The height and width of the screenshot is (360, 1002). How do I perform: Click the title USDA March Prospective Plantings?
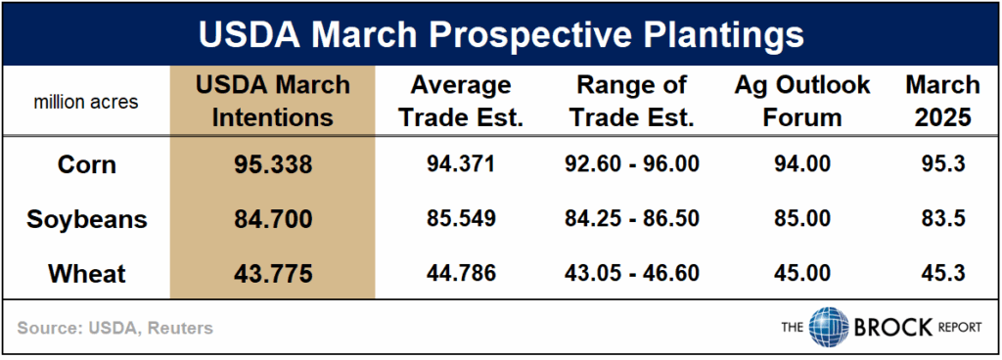pos(501,35)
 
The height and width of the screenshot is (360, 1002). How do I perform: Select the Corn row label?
pos(87,164)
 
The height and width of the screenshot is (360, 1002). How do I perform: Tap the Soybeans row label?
pos(87,219)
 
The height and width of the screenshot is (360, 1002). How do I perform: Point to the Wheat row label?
pos(87,274)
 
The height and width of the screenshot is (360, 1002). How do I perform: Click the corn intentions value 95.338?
pos(272,164)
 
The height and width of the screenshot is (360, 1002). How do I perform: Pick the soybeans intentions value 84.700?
pos(272,219)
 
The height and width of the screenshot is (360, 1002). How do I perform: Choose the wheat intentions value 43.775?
pos(272,274)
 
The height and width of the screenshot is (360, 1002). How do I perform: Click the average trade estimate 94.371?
pos(461,164)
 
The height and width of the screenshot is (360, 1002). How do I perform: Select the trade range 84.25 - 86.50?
pos(632,219)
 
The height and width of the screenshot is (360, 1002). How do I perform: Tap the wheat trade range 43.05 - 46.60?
pos(632,274)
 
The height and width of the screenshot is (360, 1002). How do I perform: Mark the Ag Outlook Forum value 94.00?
pos(801,164)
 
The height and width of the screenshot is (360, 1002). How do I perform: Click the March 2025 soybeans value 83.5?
pos(942,219)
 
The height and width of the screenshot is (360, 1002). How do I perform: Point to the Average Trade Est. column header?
pos(461,102)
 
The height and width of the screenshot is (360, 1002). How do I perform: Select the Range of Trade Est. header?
pos(632,102)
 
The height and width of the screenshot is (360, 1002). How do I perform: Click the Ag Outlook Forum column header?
pos(801,102)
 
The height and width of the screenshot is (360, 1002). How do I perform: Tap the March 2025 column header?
pos(942,102)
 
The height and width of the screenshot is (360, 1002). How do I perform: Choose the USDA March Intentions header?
pos(272,102)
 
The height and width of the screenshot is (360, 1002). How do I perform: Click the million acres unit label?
pos(86,102)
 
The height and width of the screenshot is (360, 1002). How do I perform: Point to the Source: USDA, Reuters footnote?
pos(115,328)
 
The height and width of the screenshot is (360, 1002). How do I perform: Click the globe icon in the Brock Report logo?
pos(829,327)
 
